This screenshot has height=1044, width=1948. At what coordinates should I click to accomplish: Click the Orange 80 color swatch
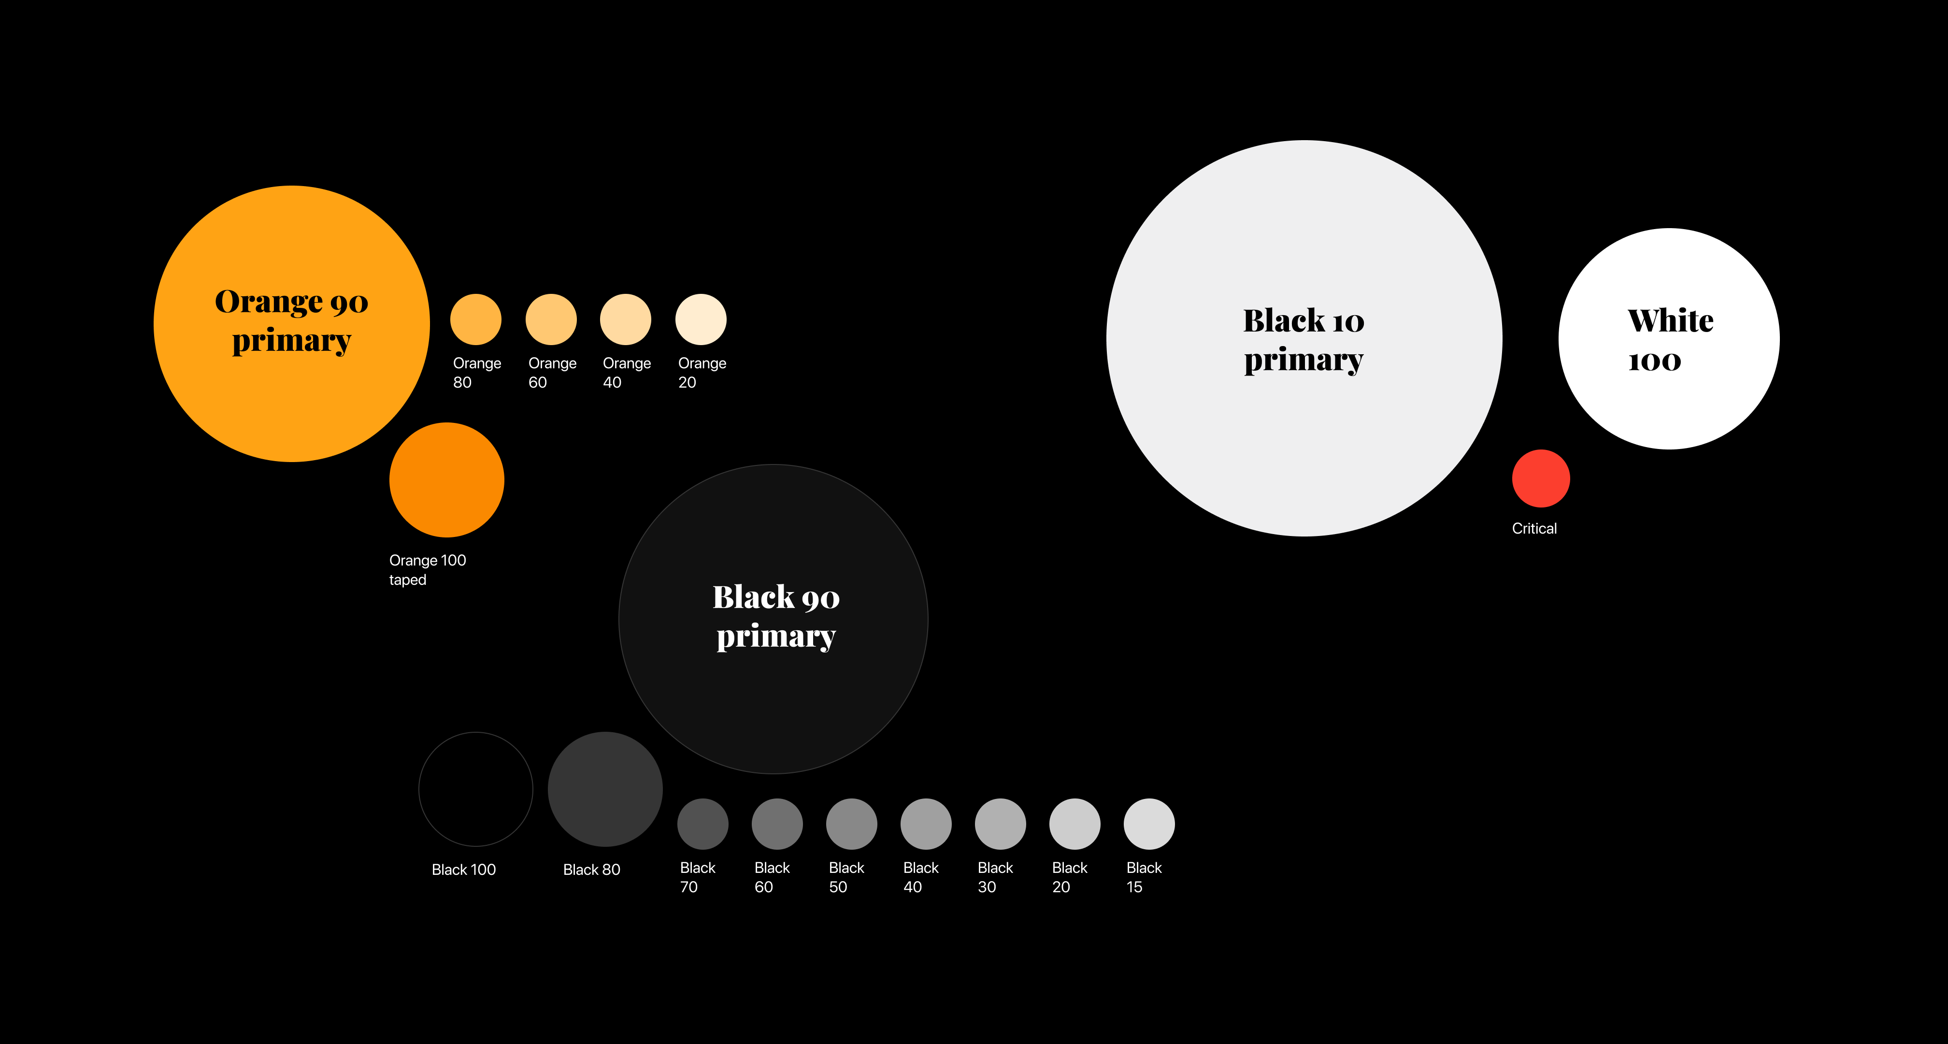476,319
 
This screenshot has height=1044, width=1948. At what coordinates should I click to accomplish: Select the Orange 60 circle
551,319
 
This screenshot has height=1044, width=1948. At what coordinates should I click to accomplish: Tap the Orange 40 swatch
625,319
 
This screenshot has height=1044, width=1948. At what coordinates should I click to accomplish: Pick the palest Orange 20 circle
701,319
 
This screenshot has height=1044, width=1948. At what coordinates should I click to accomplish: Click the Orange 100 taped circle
447,479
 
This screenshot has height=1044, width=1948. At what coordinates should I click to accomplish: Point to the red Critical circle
1541,478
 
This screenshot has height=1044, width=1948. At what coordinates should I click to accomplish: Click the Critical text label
1534,528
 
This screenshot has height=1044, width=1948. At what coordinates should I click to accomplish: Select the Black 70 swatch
702,824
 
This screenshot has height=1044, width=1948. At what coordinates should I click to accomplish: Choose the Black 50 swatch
851,824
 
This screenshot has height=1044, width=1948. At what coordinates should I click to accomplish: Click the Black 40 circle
926,824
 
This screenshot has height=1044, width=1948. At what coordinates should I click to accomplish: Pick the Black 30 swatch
1001,824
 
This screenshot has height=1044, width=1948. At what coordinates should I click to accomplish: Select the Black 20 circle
1074,824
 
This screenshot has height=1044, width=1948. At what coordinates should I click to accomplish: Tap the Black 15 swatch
1149,824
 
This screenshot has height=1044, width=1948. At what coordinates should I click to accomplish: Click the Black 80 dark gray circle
605,789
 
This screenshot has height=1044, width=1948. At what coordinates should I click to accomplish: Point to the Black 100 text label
463,869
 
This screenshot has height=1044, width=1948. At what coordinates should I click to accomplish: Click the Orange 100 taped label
427,570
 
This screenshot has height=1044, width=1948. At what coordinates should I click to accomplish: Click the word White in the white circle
1671,321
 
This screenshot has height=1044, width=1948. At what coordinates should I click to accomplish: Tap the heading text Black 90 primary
776,617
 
